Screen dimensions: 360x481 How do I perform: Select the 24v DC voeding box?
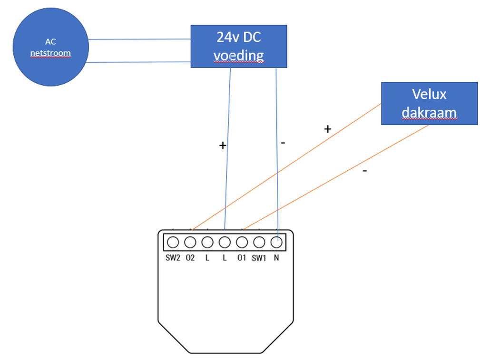[x=238, y=46]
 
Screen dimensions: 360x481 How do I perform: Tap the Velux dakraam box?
[x=429, y=103]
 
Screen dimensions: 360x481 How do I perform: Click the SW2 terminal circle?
[x=173, y=242]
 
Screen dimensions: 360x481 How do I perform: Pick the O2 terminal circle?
[x=190, y=242]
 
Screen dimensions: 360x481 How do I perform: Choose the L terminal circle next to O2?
[x=207, y=242]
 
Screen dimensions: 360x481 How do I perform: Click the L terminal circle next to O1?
[x=225, y=242]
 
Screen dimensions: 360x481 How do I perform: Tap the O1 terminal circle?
[x=242, y=242]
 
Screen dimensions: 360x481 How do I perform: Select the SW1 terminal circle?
[x=259, y=242]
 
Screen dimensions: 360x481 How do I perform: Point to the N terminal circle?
[x=276, y=242]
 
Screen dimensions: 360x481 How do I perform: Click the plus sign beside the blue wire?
[x=222, y=146]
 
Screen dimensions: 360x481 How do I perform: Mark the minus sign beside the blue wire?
[x=283, y=142]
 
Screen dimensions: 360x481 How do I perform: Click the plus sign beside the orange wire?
[x=327, y=128]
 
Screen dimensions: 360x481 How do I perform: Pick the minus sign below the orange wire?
[x=364, y=170]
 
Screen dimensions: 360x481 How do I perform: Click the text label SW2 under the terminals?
[x=173, y=258]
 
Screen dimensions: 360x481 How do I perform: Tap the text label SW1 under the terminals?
[x=259, y=258]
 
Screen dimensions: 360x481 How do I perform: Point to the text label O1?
[x=242, y=258]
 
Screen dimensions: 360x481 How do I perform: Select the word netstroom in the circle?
[x=50, y=53]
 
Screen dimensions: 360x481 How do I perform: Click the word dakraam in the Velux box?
[x=429, y=113]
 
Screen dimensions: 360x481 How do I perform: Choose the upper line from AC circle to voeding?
[x=139, y=39]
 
